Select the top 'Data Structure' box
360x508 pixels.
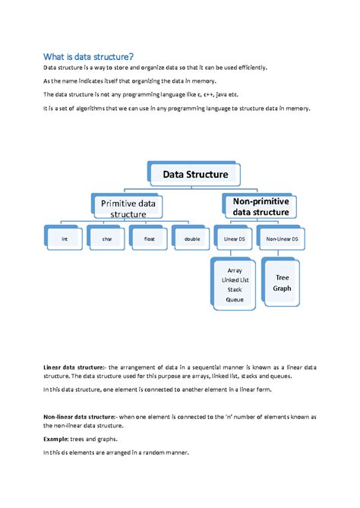[194, 174]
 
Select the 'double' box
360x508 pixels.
[191, 238]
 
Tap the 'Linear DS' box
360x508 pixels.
[235, 238]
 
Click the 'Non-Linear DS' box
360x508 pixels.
[282, 238]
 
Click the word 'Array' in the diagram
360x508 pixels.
[235, 270]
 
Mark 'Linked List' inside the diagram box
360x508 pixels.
[235, 279]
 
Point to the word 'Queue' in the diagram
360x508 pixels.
[235, 299]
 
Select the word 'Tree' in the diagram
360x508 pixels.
[282, 277]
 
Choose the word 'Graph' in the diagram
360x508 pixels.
[282, 288]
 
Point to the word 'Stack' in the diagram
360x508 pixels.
[235, 289]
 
